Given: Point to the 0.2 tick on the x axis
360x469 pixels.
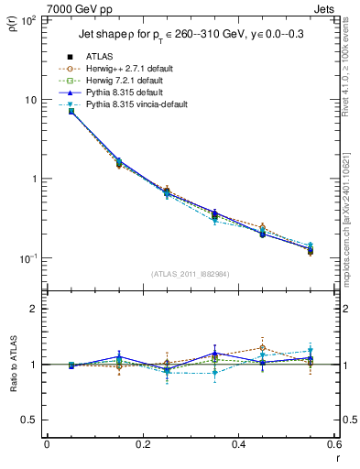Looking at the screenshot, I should pos(142,443).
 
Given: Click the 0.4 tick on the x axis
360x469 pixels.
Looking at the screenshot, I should pos(237,443).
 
